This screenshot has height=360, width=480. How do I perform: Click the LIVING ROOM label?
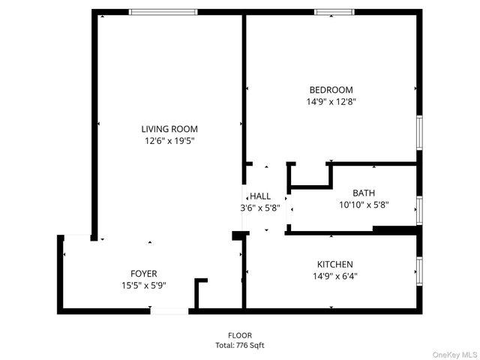169,129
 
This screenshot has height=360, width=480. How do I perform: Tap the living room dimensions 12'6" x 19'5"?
169,140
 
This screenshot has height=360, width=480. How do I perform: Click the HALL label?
260,196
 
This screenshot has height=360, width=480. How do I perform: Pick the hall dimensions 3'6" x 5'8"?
260,208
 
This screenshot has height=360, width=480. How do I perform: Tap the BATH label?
364,193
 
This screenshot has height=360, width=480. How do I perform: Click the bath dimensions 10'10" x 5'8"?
364,204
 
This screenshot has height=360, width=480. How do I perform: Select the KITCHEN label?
334,264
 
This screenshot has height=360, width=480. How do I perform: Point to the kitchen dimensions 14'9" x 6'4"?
334,276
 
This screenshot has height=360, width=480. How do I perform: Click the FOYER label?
144,274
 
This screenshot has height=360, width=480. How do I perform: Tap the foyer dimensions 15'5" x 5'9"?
144,285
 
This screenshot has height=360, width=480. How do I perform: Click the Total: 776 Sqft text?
240,346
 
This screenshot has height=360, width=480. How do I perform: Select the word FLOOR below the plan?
240,335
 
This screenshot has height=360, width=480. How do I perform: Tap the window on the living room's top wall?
163,12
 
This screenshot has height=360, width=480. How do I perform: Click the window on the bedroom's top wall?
334,12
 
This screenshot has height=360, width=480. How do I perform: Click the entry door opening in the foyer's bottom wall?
169,310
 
